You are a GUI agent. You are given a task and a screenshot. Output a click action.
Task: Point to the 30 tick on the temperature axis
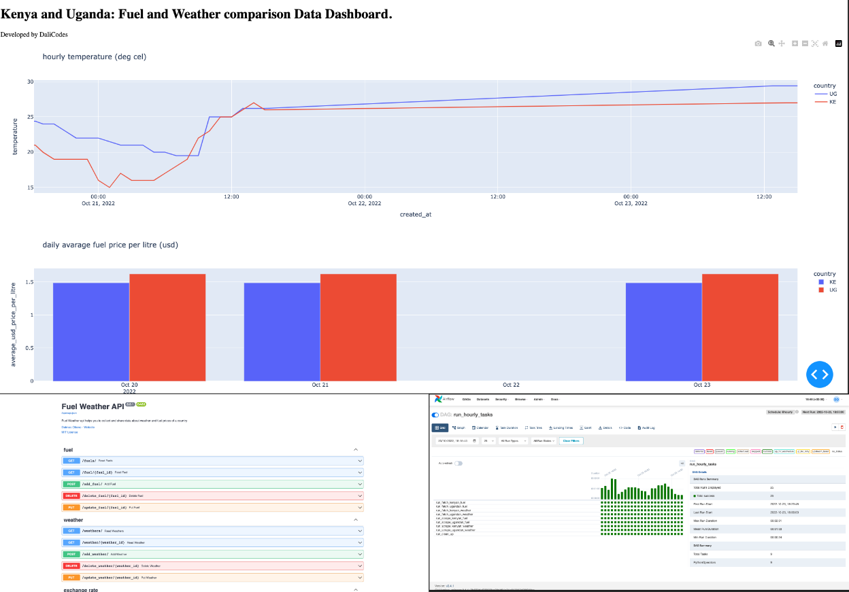[x=30, y=82]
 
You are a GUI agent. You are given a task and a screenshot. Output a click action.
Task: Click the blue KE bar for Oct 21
[x=282, y=331]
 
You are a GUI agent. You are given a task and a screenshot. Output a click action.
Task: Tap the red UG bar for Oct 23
[x=739, y=327]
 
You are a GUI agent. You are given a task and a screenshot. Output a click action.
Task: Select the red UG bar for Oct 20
[x=167, y=327]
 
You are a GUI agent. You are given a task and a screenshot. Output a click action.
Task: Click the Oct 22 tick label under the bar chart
[x=511, y=385]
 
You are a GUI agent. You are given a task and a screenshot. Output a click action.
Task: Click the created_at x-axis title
[x=415, y=214]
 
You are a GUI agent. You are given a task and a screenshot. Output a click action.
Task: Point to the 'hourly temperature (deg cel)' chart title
[x=94, y=57]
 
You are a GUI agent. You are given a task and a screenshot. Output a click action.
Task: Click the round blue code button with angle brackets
[x=820, y=374]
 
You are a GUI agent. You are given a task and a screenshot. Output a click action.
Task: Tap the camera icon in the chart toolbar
[x=758, y=43]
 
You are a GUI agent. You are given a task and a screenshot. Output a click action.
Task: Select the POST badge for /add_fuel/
[x=71, y=485]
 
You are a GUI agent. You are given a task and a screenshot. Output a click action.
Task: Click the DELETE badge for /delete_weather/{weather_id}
[x=71, y=565]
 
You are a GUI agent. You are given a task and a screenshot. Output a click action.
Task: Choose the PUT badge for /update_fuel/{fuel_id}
[x=71, y=508]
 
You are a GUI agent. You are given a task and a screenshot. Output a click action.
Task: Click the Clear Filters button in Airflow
[x=571, y=441]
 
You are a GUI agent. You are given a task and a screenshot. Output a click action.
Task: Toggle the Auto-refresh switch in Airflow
[x=458, y=464]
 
